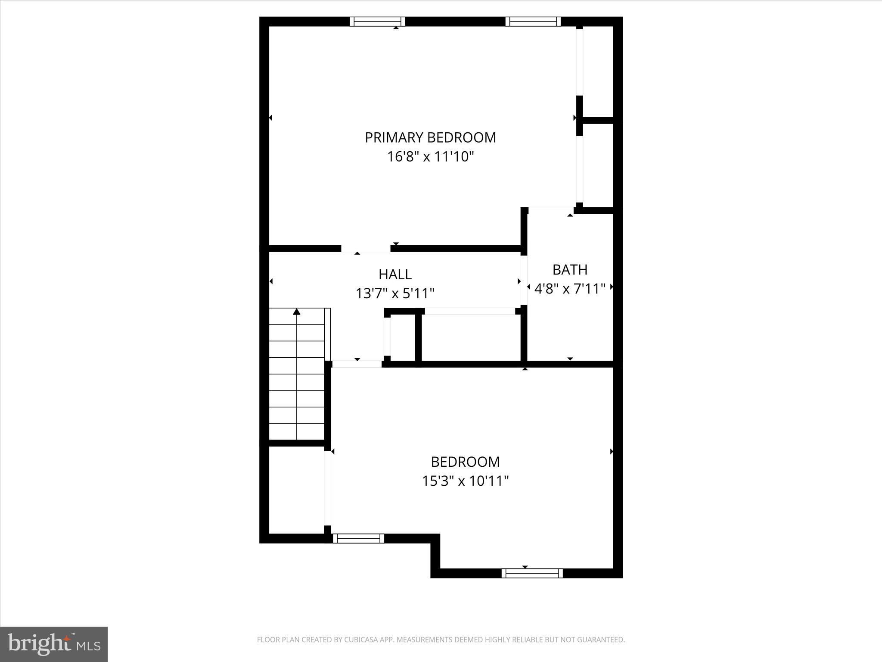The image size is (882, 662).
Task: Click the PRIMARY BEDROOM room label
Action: [x=430, y=137]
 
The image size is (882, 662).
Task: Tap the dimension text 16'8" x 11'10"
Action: [x=430, y=156]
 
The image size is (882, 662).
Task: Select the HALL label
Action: [x=395, y=274]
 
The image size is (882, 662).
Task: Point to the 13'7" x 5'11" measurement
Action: [x=395, y=294]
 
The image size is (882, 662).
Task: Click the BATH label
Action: [x=570, y=270]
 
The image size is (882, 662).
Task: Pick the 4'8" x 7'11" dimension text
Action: [x=570, y=289]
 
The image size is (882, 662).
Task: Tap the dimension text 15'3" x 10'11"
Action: [x=465, y=481]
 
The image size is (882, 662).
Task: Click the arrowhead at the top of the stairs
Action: [x=296, y=312]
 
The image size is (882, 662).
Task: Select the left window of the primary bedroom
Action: [x=377, y=22]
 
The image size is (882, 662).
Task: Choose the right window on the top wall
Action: [x=533, y=22]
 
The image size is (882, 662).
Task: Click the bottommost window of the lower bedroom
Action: [x=532, y=573]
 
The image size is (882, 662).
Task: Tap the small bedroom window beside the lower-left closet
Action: [x=358, y=538]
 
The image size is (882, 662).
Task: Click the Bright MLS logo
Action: [x=54, y=644]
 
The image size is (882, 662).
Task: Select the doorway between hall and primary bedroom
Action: [x=366, y=249]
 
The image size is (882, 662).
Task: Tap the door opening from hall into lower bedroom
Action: [x=357, y=364]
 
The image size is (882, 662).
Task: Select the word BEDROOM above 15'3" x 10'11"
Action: [x=465, y=462]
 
